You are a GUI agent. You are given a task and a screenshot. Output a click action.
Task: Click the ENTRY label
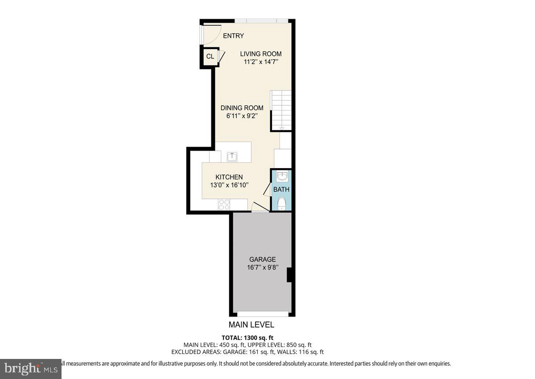pos(233,36)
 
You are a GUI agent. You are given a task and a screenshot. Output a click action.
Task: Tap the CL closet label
pos(210,57)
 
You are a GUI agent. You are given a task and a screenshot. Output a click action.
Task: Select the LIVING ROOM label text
pos(261,54)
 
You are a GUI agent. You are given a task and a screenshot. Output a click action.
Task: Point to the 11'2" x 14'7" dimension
pos(261,62)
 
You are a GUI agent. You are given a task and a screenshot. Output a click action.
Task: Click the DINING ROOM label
pos(242,108)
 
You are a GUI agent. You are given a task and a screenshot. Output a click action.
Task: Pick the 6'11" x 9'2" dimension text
pos(242,116)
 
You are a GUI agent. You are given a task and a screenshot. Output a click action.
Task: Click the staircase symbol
pos(281,109)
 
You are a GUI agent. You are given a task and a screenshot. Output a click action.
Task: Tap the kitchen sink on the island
pos(232,157)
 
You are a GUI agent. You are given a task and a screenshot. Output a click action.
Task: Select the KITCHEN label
pos(229,177)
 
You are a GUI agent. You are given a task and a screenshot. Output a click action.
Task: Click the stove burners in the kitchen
pos(224,205)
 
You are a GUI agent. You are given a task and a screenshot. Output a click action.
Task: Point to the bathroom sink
pos(282,177)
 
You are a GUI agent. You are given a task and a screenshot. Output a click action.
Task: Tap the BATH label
pos(281,189)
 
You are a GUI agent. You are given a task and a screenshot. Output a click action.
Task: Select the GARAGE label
pos(262,260)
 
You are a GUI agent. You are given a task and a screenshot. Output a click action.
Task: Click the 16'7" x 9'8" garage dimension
pos(262,268)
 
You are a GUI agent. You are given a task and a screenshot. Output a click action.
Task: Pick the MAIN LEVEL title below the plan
pos(251,325)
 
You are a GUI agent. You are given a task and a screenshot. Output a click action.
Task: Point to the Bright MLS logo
pos(30,368)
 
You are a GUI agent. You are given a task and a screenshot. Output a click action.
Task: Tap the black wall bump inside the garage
pos(289,275)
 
